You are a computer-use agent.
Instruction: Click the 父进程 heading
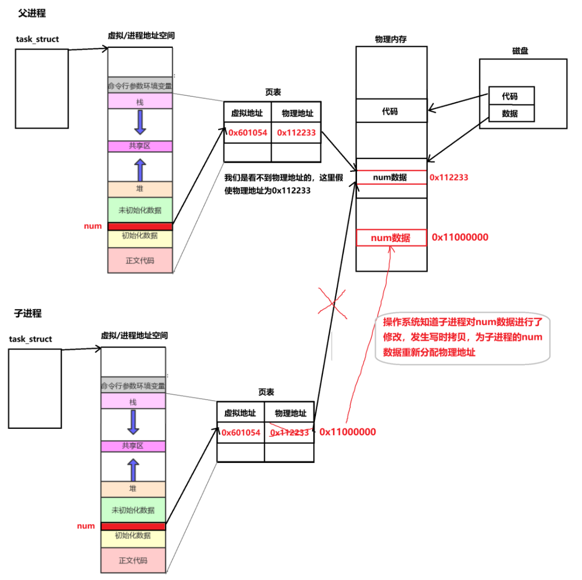click(32, 14)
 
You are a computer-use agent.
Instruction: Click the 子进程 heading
click(28, 313)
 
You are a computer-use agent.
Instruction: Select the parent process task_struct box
click(42, 89)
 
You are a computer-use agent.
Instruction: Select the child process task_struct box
click(35, 388)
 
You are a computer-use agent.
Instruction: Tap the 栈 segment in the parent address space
click(140, 101)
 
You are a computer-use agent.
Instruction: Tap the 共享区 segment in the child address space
click(133, 446)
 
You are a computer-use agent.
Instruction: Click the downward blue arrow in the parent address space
click(140, 122)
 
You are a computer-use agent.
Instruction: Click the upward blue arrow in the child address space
click(133, 469)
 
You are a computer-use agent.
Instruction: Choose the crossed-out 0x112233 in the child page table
click(289, 433)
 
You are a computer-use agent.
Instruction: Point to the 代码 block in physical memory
click(391, 112)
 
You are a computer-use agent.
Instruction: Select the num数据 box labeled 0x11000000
click(391, 238)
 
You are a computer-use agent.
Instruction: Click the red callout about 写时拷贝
click(462, 338)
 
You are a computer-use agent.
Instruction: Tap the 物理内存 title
click(391, 39)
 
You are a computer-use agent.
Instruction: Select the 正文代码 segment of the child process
click(133, 560)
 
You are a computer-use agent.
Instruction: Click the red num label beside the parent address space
click(93, 226)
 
